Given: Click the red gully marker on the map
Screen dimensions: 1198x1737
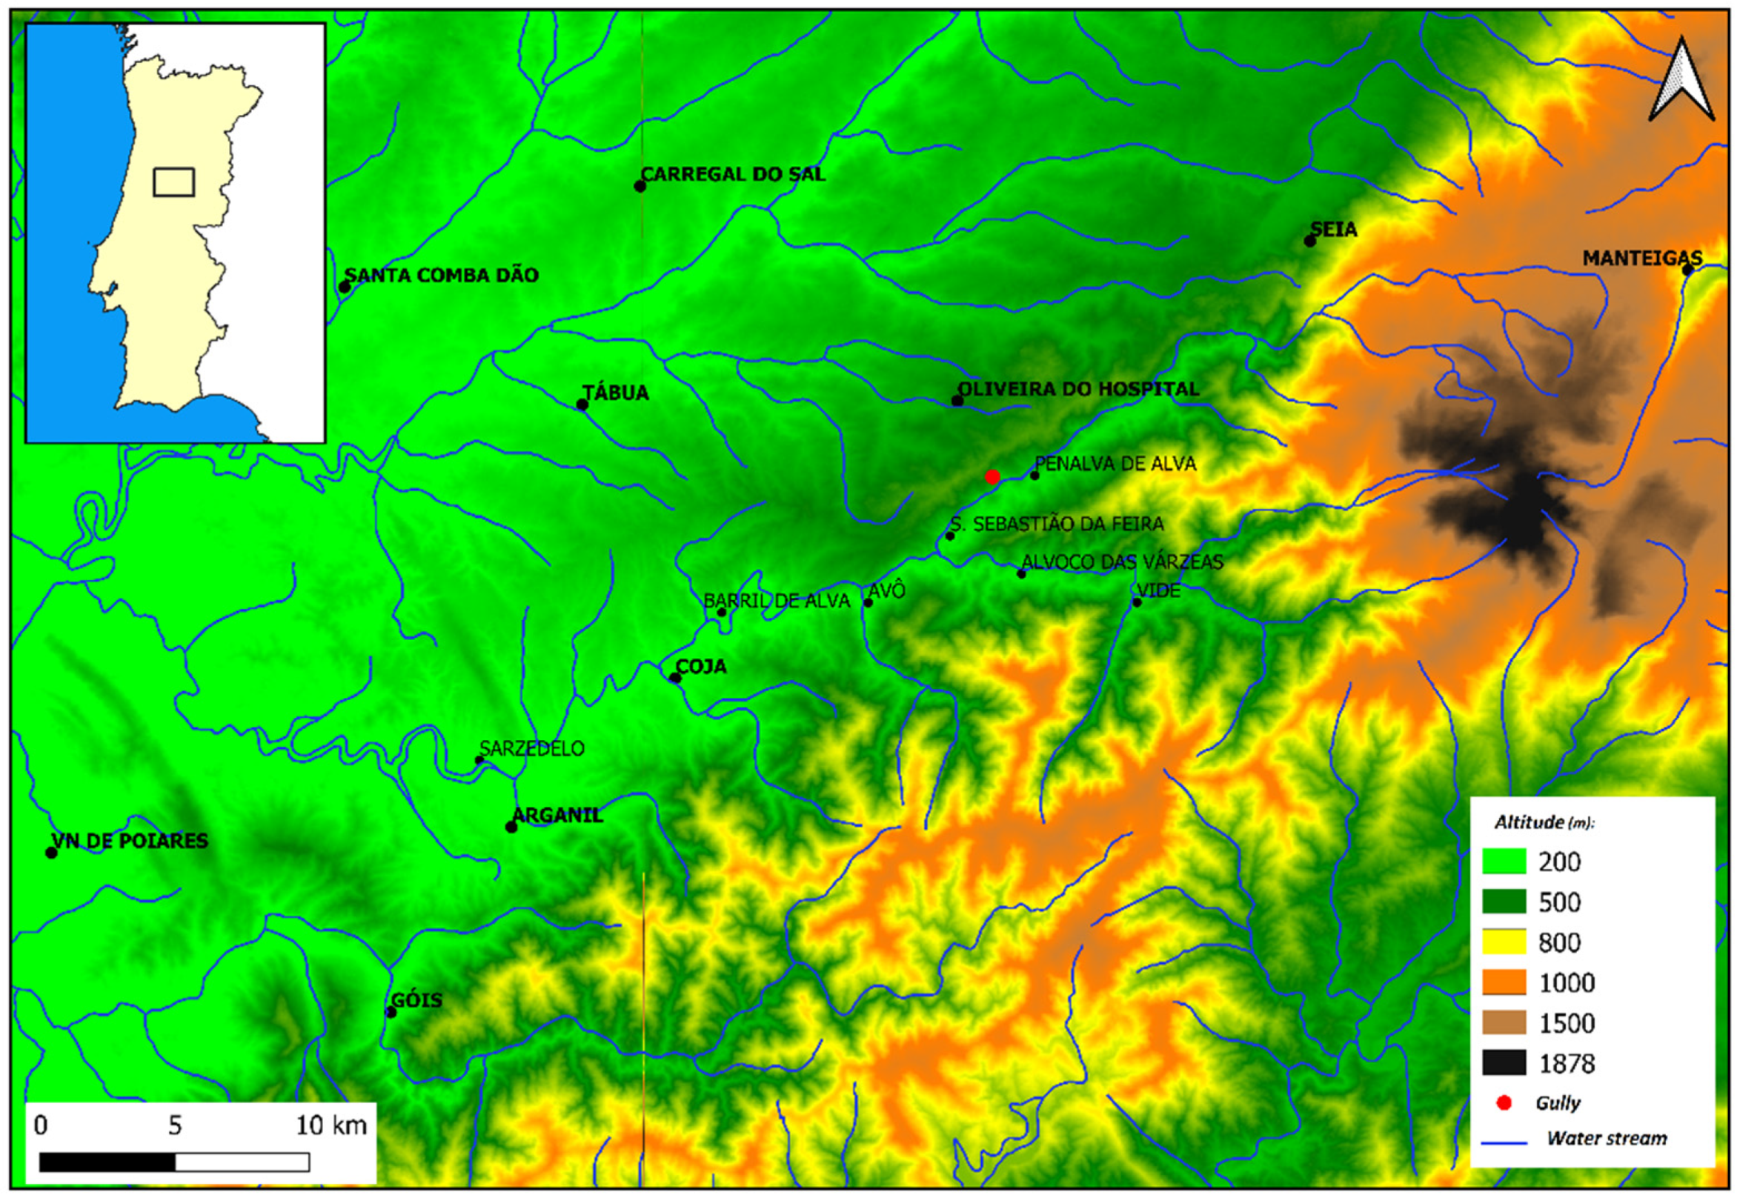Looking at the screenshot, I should pyautogui.click(x=992, y=476).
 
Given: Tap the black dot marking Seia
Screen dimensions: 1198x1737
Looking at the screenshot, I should pyautogui.click(x=1309, y=241).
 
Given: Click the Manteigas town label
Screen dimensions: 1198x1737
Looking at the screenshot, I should pyautogui.click(x=1641, y=259).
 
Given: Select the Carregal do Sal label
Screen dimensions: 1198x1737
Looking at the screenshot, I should pyautogui.click(x=733, y=174).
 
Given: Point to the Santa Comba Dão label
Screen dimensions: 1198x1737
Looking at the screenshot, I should pyautogui.click(x=442, y=276).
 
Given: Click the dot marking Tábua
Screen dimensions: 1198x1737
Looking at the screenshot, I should pyautogui.click(x=582, y=405).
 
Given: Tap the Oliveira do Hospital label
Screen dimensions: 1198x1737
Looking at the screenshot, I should pyautogui.click(x=1078, y=389).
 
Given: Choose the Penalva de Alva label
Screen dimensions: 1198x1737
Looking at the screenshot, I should pyautogui.click(x=1115, y=464).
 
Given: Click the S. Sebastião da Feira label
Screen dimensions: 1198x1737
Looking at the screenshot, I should pyautogui.click(x=1057, y=524).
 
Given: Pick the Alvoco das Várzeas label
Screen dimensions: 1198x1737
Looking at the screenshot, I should pyautogui.click(x=1122, y=562).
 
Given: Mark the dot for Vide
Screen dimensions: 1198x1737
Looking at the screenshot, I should pyautogui.click(x=1137, y=602).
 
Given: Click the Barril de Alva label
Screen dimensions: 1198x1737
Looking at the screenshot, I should pyautogui.click(x=776, y=601).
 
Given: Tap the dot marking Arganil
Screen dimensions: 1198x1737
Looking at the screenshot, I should pyautogui.click(x=511, y=827).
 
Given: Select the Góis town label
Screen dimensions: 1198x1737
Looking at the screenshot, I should pyautogui.click(x=416, y=1001).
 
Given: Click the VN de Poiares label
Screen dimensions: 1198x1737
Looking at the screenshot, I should pyautogui.click(x=130, y=841).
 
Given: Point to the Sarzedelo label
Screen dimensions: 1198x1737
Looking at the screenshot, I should pyautogui.click(x=531, y=748).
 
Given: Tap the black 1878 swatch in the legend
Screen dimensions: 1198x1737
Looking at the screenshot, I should pyautogui.click(x=1504, y=1062).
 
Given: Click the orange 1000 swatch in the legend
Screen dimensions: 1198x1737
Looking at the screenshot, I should pyautogui.click(x=1504, y=982).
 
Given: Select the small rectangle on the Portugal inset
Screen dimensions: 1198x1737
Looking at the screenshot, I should pyautogui.click(x=174, y=182).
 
